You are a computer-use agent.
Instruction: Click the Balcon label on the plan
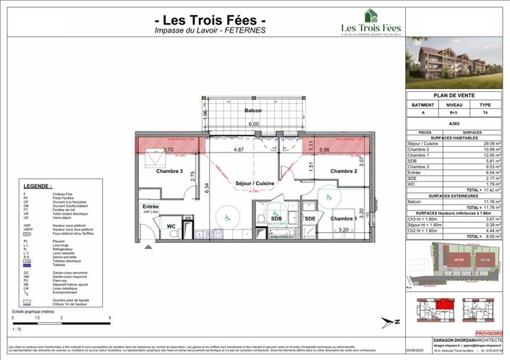tap(252, 111)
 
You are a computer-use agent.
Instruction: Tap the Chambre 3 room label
tap(170, 171)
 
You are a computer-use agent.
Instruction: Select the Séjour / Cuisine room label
tap(254, 184)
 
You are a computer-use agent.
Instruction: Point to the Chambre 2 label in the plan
tap(344, 171)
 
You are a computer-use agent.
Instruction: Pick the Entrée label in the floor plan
tap(151, 206)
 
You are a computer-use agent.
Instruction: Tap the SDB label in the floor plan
tap(276, 218)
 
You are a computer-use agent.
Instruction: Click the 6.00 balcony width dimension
tap(253, 124)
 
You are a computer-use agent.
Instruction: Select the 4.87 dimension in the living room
tap(238, 150)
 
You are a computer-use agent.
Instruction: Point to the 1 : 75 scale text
tap(17, 327)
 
